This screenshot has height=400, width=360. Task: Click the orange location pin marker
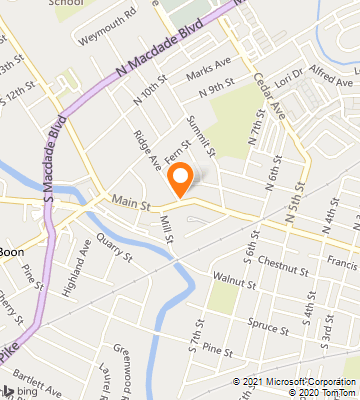(x=180, y=179)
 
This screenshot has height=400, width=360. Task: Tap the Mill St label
(x=166, y=234)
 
